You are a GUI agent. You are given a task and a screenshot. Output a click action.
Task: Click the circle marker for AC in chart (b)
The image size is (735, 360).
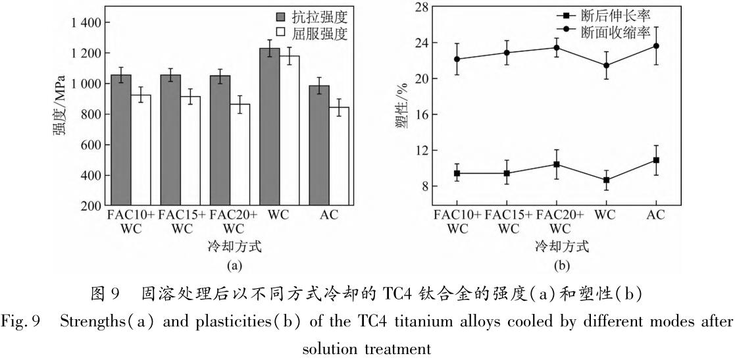pos(655,46)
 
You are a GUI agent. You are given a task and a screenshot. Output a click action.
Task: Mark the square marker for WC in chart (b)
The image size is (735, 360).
pos(606,180)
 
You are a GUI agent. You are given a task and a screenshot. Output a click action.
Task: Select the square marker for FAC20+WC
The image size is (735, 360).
pos(557,164)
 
